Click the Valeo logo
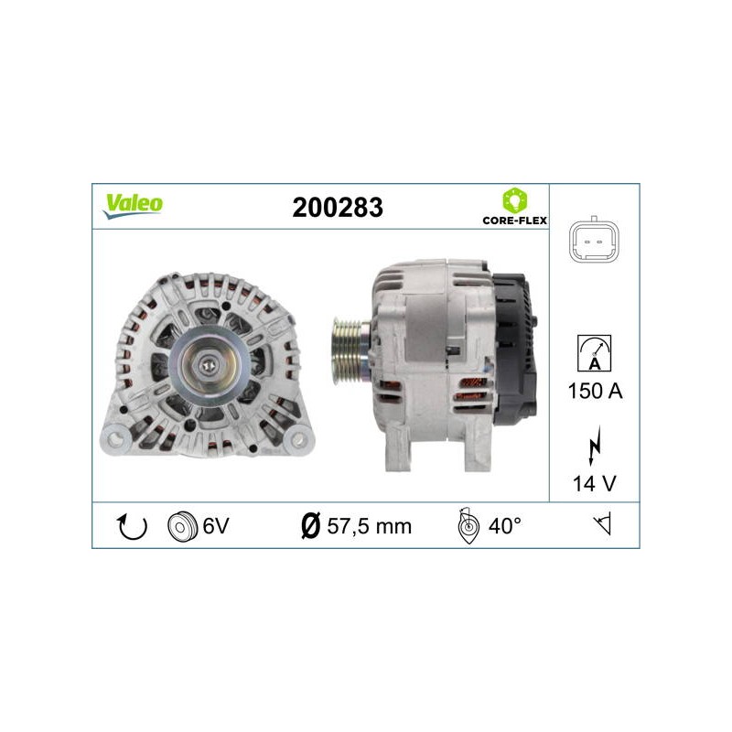pyautogui.click(x=133, y=206)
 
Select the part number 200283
pyautogui.click(x=338, y=208)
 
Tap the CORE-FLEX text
pyautogui.click(x=514, y=221)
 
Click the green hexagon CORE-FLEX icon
pyautogui.click(x=514, y=200)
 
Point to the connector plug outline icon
pyautogui.click(x=594, y=240)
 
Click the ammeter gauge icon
pyautogui.click(x=594, y=353)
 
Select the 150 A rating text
pyautogui.click(x=595, y=391)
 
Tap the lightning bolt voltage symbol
pyautogui.click(x=594, y=446)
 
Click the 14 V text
pyautogui.click(x=594, y=483)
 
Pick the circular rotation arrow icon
pyautogui.click(x=132, y=526)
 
